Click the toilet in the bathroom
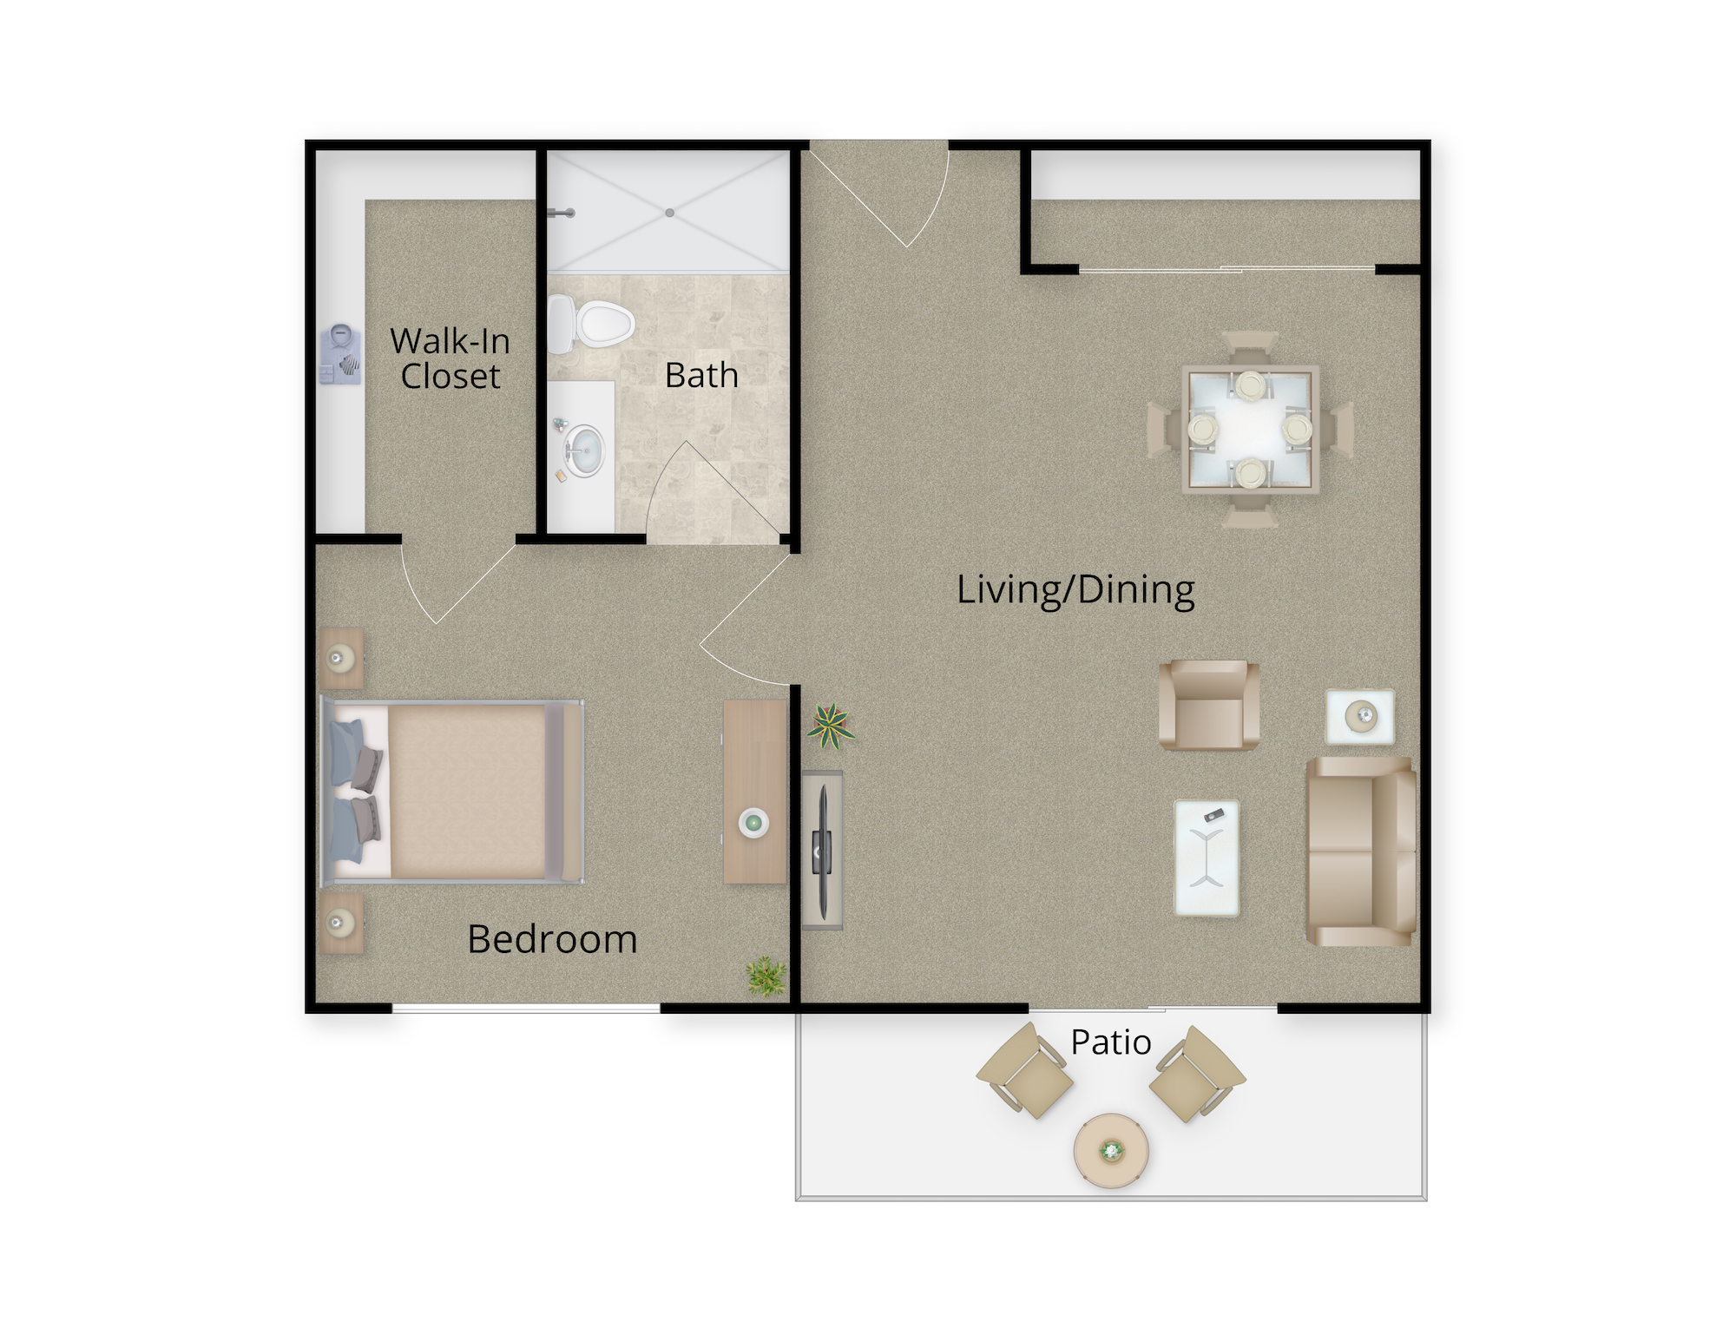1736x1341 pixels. coord(591,324)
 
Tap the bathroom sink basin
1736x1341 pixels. coord(585,450)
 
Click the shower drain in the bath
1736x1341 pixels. coord(670,213)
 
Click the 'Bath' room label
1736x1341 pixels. coord(701,375)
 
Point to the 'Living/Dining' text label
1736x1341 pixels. coord(1075,590)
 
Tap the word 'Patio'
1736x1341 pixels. coord(1111,1042)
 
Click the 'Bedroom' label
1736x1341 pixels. coord(552,939)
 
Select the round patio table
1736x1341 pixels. coord(1111,1151)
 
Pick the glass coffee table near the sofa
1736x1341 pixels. coord(1207,858)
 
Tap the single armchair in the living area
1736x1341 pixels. coord(1209,705)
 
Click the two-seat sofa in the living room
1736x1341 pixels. coord(1361,851)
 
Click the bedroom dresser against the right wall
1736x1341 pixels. coord(755,792)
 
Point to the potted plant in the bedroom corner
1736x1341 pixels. coord(766,976)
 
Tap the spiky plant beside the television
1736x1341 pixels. coord(831,726)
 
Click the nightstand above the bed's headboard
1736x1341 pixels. coord(341,659)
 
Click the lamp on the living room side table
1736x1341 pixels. coord(1360,717)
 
